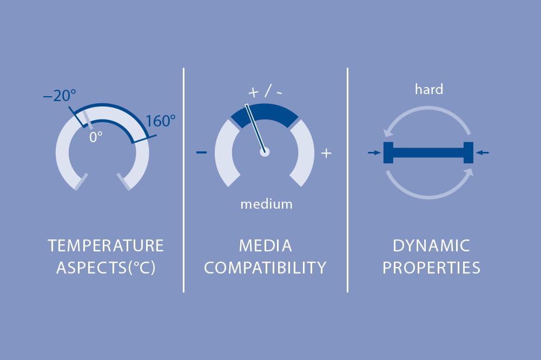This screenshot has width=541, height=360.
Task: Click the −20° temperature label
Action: coord(60,95)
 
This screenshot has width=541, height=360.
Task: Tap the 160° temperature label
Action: coord(161,121)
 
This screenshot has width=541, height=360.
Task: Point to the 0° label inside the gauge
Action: coord(96,137)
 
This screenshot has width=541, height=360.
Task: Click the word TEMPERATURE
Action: coord(105,246)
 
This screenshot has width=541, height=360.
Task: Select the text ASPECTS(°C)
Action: coord(106,268)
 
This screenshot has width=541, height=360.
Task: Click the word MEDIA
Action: coord(265,246)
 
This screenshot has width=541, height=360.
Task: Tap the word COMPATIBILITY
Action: coord(265,268)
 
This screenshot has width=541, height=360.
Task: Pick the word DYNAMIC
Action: coord(431,246)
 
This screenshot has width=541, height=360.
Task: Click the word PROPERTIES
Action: coord(431,268)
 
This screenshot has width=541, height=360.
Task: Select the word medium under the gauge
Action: coord(266,204)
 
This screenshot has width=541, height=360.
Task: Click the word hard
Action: coord(429,89)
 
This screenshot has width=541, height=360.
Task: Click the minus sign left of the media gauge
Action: coord(201,152)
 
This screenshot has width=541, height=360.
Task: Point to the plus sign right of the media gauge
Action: coord(326,153)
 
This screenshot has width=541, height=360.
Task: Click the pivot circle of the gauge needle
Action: coord(265,152)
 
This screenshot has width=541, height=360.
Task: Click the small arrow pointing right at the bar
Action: coord(374,152)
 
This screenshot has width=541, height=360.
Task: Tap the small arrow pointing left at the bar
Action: coord(483,152)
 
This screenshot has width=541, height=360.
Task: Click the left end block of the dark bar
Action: coord(388,152)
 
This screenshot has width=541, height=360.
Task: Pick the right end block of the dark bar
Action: coord(468,152)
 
